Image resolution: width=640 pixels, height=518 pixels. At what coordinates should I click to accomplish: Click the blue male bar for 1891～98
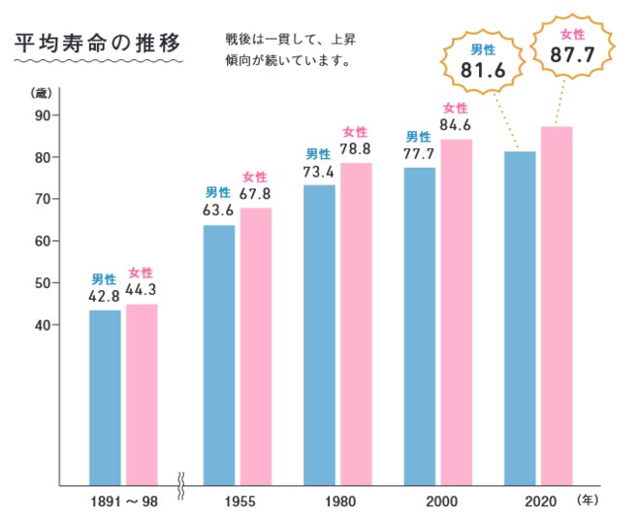tap(106, 397)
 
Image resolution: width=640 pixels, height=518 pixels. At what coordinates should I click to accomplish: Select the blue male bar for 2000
tap(419, 326)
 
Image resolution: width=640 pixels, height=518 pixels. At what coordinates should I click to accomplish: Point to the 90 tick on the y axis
tap(45, 115)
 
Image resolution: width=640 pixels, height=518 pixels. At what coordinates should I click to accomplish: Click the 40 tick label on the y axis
tap(45, 325)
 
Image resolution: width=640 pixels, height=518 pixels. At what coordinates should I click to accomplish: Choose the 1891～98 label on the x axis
tap(120, 502)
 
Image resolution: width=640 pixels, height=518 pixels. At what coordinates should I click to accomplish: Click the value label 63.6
tap(218, 209)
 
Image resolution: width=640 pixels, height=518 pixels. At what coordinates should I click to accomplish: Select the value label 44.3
tap(142, 288)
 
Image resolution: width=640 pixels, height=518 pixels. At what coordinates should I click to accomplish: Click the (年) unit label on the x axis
tap(590, 502)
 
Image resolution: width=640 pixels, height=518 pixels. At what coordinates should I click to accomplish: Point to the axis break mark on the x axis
tap(180, 482)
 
